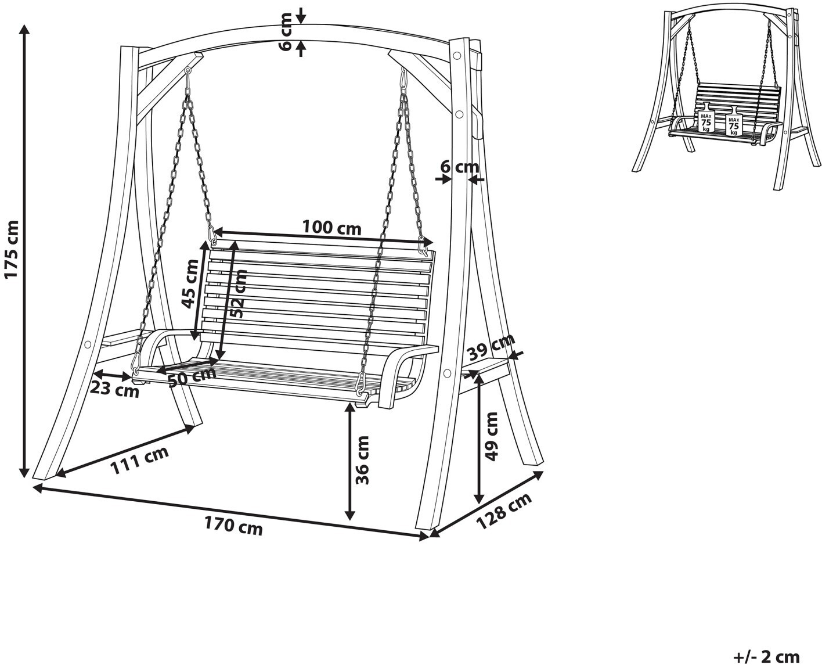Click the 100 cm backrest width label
(331, 228)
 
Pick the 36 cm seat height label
(363, 460)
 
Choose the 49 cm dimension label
(492, 436)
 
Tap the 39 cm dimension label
(491, 348)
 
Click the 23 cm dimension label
(115, 390)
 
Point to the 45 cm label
(189, 284)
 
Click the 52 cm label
(237, 293)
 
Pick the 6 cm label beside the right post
(459, 167)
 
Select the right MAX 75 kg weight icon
(734, 124)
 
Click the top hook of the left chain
(188, 71)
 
